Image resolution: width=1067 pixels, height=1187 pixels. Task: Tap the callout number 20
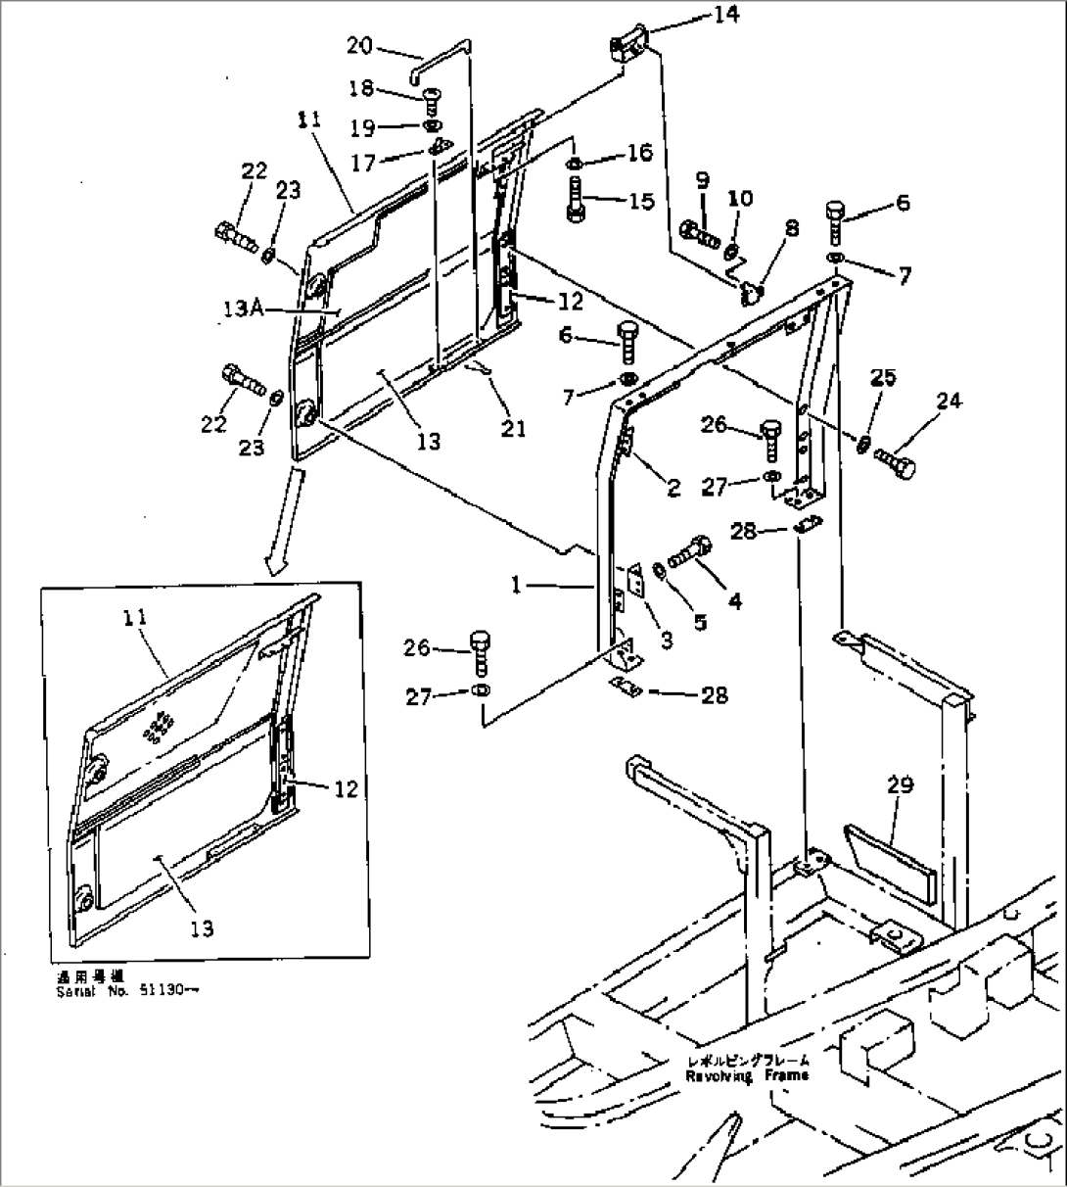pos(358,44)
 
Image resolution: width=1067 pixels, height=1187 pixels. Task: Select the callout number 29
pos(901,784)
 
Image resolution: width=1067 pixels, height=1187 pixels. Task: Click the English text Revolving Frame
pos(747,1075)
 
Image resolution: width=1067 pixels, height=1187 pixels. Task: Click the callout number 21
pos(513,427)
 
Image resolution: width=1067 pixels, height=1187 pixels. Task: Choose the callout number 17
pos(363,164)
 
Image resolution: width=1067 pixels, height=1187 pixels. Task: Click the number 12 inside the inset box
pos(344,788)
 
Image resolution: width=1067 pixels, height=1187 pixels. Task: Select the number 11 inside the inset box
pos(135,617)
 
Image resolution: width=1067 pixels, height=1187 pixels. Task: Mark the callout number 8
pos(791,228)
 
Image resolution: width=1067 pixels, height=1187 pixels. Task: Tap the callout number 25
pos(884,377)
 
